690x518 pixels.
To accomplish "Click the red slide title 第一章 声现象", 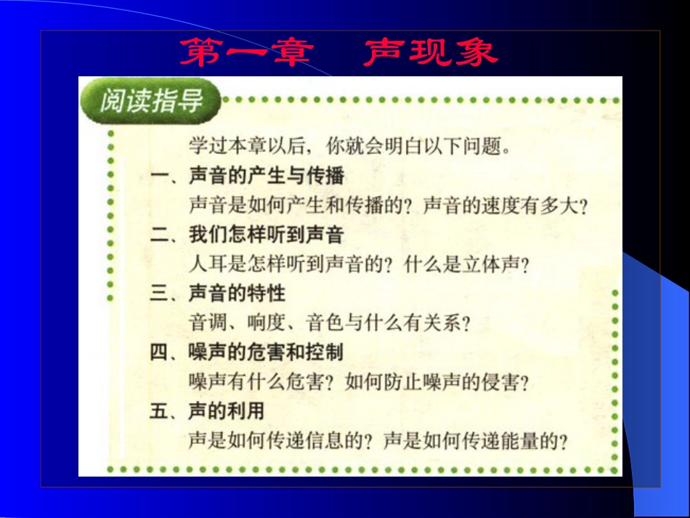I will tap(338, 52).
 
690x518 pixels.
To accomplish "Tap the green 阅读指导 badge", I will tap(151, 100).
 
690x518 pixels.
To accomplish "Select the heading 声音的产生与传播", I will tap(266, 175).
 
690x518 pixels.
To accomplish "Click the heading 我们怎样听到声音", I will tap(266, 235).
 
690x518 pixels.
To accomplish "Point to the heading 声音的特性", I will tap(237, 294).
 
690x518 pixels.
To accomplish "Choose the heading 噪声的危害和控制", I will tap(266, 352).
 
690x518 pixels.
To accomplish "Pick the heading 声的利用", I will tap(227, 411).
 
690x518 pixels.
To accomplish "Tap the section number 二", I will tap(158, 235).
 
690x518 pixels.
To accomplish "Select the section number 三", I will tap(158, 294).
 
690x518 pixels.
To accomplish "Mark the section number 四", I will tap(158, 352).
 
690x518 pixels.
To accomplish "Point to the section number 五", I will tap(158, 411).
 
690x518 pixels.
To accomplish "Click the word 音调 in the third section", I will tap(206, 323).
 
